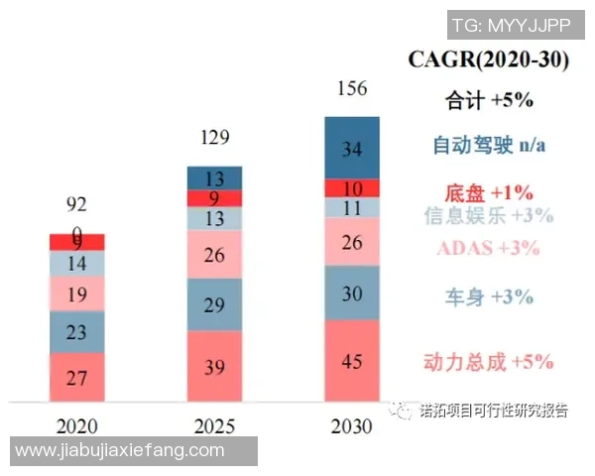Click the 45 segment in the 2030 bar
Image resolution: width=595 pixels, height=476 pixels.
pyautogui.click(x=352, y=360)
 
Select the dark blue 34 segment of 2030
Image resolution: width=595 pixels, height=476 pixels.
pyautogui.click(x=352, y=149)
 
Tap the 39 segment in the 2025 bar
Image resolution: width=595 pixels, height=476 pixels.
pyautogui.click(x=215, y=366)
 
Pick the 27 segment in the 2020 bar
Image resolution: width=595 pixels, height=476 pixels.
pyautogui.click(x=77, y=377)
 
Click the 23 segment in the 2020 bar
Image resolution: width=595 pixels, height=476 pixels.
pyautogui.click(x=77, y=333)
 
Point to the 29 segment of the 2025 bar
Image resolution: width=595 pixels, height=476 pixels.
pyautogui.click(x=215, y=304)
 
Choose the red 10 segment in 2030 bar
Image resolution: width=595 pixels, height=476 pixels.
pyautogui.click(x=352, y=188)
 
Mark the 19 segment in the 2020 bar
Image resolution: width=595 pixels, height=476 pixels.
pyautogui.click(x=77, y=294)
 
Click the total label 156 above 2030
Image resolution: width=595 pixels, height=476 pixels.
pyautogui.click(x=352, y=89)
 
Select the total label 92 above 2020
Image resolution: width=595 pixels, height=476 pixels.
pyautogui.click(x=77, y=205)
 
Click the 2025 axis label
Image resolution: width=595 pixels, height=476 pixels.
pyautogui.click(x=215, y=426)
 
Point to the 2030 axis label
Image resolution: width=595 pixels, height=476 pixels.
pyautogui.click(x=352, y=426)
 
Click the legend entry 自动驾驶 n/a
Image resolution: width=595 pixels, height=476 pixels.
pyautogui.click(x=490, y=146)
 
